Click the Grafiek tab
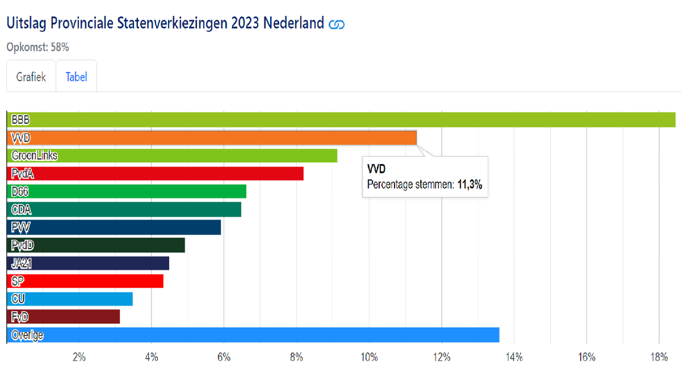coord(31,76)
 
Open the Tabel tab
coord(76,76)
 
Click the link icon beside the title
coord(337,24)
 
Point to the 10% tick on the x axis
coord(369,357)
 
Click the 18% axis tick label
coord(658,357)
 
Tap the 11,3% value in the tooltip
coord(470,184)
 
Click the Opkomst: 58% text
coord(38,47)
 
